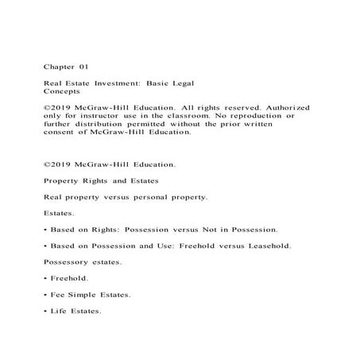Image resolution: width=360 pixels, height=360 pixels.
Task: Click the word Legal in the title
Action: tap(183, 83)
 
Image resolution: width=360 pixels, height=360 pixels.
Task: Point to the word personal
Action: tap(147, 195)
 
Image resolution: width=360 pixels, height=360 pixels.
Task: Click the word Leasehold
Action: tap(263, 246)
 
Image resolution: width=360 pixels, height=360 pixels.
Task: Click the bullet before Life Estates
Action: tap(45, 311)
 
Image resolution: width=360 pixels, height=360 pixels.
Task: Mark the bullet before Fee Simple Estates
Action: tap(45, 295)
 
